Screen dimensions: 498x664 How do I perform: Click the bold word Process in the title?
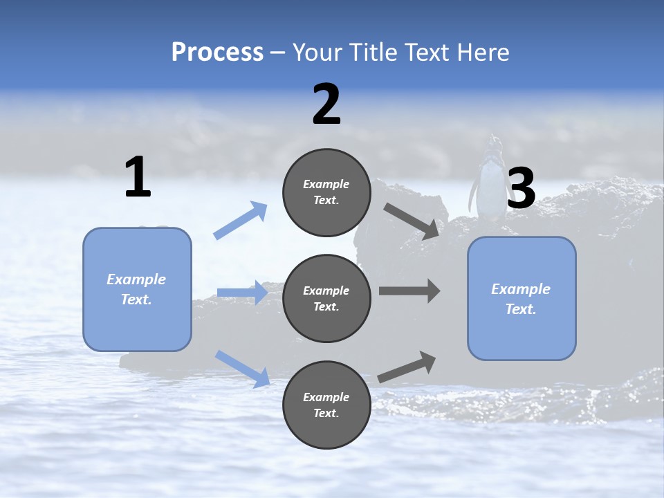tap(217, 53)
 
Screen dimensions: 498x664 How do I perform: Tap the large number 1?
tap(138, 178)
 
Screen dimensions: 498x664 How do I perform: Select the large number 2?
tap(326, 104)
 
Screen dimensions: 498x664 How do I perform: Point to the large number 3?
tap(521, 189)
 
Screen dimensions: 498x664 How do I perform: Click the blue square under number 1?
tap(137, 289)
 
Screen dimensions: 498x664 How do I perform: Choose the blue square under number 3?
tap(522, 298)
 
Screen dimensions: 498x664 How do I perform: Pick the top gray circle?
tap(326, 192)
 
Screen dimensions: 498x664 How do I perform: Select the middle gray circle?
tap(326, 298)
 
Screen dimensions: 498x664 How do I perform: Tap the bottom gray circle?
tap(326, 405)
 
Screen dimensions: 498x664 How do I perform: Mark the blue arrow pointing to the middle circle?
tap(242, 293)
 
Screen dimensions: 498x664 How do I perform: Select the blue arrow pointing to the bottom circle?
tap(242, 368)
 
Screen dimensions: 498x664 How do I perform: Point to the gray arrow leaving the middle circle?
tap(409, 290)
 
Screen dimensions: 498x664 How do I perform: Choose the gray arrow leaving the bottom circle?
tap(407, 367)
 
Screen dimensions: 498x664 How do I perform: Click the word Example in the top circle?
tap(326, 184)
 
